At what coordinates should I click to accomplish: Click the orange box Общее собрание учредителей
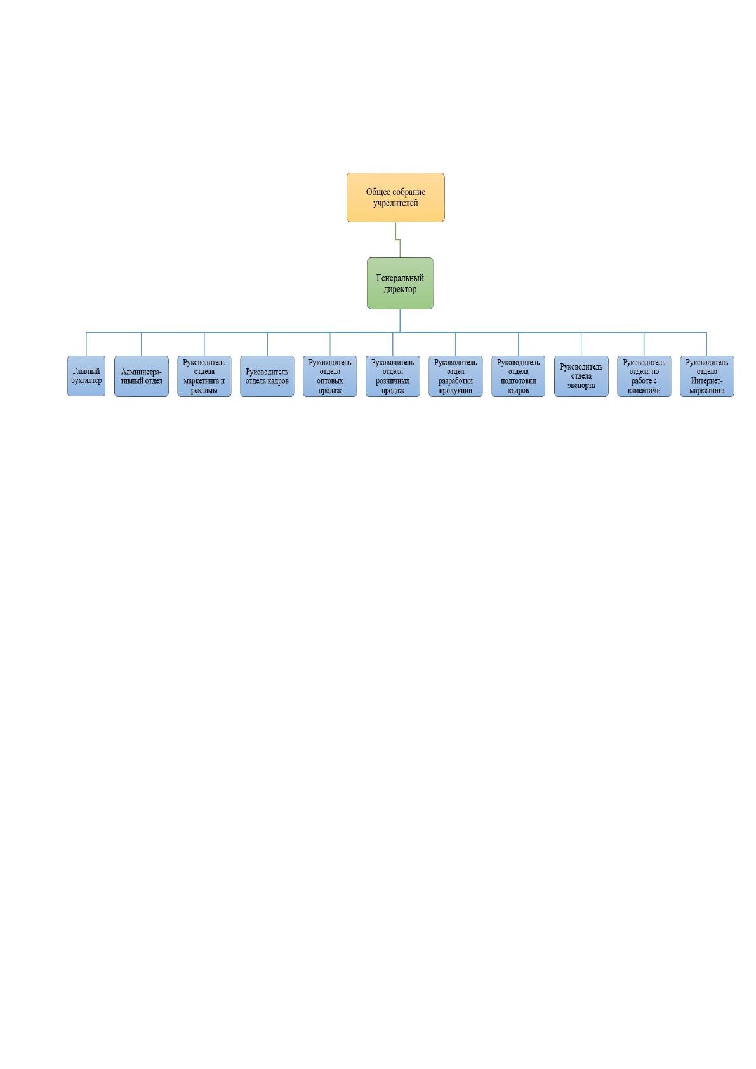coord(395,198)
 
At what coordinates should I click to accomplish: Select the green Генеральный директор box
coord(400,283)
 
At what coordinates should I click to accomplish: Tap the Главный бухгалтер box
coord(86,376)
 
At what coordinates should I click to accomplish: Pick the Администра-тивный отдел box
coord(141,376)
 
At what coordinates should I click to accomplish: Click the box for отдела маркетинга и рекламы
coord(204,376)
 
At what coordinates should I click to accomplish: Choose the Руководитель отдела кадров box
coord(267,376)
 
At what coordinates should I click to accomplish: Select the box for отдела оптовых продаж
coord(329,376)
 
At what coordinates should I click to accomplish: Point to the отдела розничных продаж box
coord(392,376)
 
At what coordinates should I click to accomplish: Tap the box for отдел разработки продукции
coord(456,376)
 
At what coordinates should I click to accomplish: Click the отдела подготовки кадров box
coord(519,376)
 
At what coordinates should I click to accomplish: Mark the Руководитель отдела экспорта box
coord(581,376)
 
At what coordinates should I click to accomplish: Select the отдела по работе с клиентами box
coord(644,376)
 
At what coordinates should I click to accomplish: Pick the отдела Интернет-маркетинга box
coord(707,376)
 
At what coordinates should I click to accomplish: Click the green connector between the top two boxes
coord(398,239)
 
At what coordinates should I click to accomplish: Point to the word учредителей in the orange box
coord(395,203)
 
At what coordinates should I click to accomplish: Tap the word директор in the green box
coord(400,289)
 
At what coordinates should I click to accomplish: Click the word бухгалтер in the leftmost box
coord(86,381)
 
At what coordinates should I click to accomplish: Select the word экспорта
coord(581,386)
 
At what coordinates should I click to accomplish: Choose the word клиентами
coord(644,391)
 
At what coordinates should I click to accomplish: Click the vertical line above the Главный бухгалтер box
coord(86,344)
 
